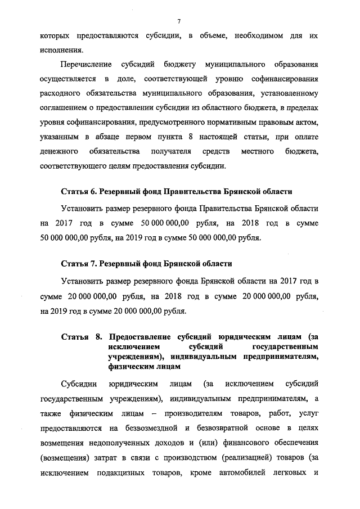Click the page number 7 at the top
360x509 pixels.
point(178,21)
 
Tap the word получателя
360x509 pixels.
point(171,152)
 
